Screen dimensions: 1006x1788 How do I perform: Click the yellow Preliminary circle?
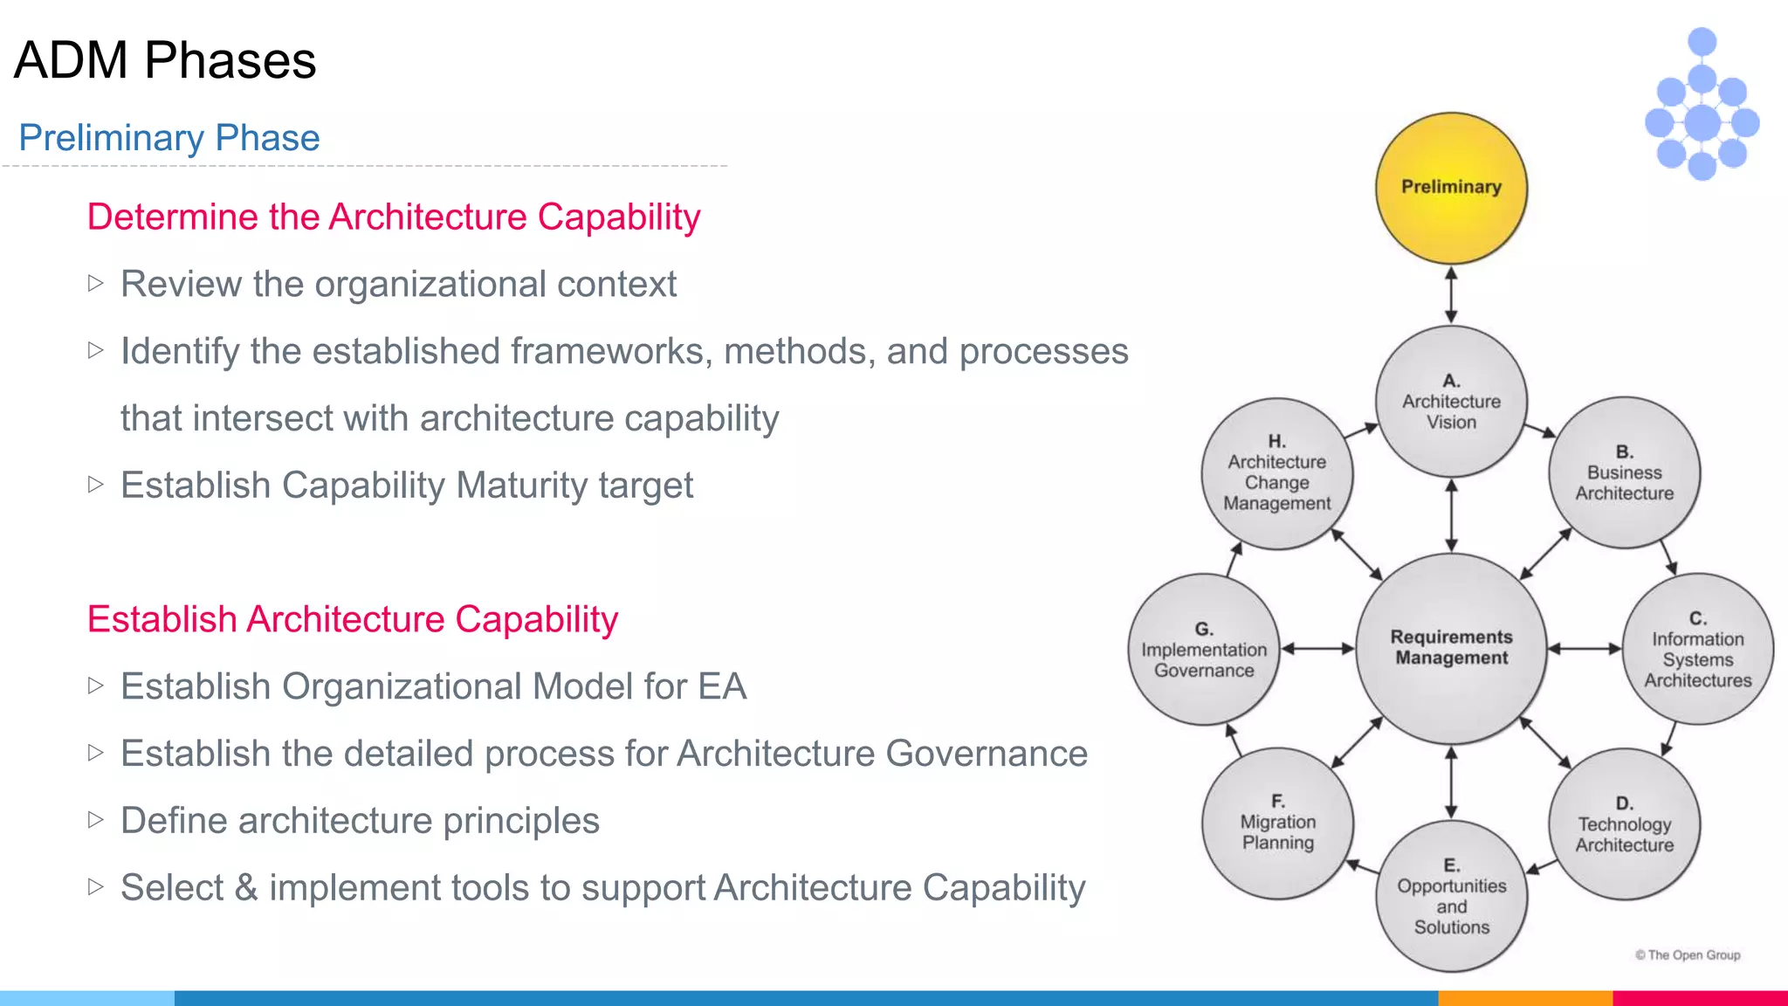1451,188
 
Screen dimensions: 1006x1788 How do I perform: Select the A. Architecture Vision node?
1451,402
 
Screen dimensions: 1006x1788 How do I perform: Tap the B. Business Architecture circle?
1624,472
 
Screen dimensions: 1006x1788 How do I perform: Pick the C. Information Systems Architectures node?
1697,649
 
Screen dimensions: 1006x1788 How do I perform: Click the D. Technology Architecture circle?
1624,823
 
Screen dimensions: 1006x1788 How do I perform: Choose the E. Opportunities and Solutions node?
1451,896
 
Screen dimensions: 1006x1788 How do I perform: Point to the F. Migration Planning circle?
1277,823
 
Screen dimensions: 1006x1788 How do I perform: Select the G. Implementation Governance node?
1204,649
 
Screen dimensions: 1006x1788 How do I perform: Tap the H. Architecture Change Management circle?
1276,472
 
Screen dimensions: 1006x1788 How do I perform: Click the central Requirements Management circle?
1451,648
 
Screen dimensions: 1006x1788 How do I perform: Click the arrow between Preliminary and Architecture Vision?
1451,295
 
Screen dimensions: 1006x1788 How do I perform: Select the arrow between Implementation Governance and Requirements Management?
1317,649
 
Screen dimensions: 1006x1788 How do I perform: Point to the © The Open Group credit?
1688,955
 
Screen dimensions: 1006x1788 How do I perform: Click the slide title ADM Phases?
165,60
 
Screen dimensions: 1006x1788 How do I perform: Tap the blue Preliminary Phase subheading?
169,138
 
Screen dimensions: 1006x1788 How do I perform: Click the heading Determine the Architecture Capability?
394,217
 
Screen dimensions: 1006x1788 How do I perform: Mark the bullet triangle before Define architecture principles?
96,819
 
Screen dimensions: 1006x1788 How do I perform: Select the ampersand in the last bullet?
246,887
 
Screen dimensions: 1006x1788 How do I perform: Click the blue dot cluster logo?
1702,105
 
